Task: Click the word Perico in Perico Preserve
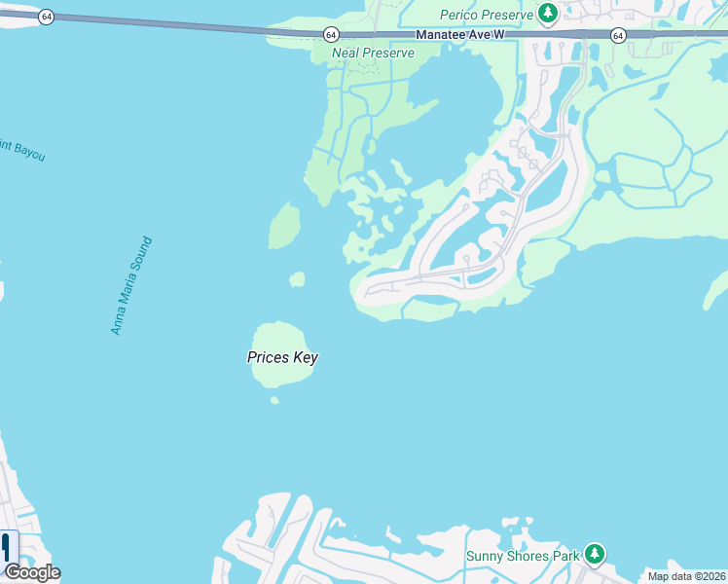(459, 15)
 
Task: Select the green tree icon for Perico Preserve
(549, 14)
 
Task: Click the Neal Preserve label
(373, 53)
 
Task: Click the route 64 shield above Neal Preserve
(332, 34)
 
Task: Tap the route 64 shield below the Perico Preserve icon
(618, 35)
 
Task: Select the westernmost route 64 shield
(46, 18)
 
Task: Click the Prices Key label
(282, 357)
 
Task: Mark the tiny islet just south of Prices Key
(274, 400)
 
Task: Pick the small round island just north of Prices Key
(297, 279)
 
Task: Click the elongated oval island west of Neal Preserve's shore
(283, 225)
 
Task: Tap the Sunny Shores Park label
(522, 555)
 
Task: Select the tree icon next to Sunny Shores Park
(594, 555)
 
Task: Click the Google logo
(32, 572)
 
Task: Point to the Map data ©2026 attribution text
(687, 576)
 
